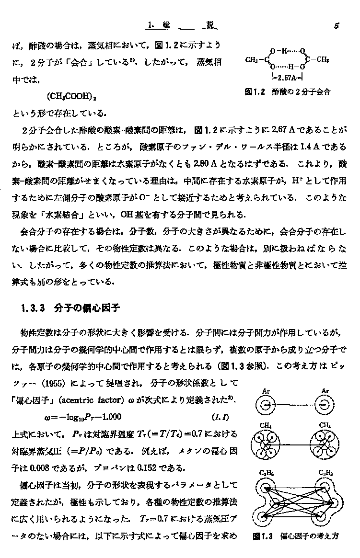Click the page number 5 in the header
tap(337, 27)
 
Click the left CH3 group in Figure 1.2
tap(252, 60)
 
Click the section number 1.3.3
tap(33, 309)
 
